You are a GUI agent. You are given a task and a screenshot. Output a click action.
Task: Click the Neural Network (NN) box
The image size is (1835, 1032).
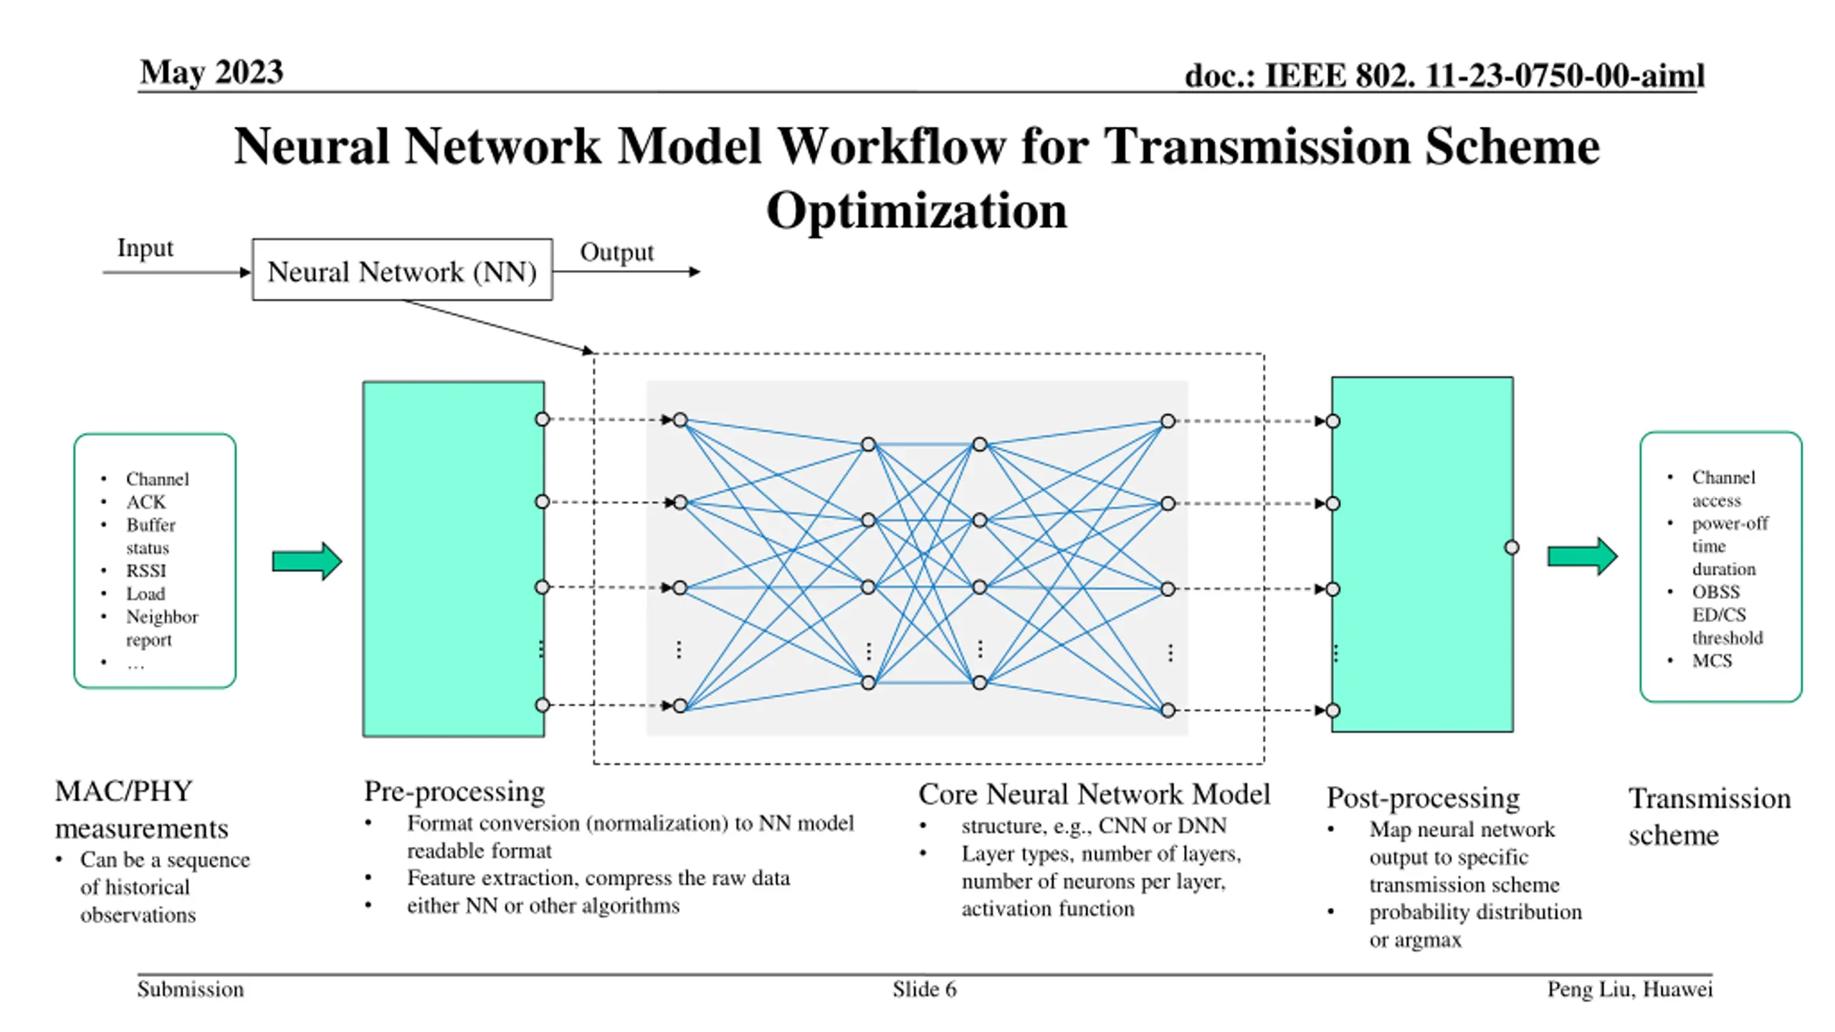click(402, 269)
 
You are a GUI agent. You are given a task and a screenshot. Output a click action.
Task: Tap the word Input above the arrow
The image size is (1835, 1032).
click(146, 248)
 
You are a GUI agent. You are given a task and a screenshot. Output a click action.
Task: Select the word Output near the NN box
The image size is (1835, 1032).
click(617, 252)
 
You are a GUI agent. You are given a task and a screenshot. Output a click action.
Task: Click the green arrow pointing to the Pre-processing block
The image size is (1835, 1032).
click(307, 560)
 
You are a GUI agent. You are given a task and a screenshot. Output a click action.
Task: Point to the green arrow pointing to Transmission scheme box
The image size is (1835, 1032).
click(1583, 556)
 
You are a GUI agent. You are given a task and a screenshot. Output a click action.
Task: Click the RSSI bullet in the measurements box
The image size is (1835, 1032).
click(146, 570)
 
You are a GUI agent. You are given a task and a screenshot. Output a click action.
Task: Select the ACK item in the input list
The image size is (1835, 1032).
click(146, 502)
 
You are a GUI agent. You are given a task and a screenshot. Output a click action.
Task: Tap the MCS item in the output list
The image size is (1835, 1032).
click(1712, 661)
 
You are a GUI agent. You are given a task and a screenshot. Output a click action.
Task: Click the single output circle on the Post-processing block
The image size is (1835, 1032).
click(1512, 548)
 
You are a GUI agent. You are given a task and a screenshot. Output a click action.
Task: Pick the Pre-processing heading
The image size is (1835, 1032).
click(454, 791)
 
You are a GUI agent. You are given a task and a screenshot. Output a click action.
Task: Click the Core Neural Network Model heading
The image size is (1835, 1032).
click(1095, 794)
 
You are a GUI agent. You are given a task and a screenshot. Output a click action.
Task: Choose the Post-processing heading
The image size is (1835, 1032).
click(1423, 798)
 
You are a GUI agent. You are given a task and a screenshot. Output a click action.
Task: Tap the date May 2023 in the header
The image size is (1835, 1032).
click(211, 72)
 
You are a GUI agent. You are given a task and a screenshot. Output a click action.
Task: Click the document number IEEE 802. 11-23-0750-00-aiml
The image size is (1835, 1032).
click(1484, 76)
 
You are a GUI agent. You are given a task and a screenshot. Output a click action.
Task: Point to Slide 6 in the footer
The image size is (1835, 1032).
click(924, 990)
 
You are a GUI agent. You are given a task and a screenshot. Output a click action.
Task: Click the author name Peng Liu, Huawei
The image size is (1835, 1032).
click(1630, 990)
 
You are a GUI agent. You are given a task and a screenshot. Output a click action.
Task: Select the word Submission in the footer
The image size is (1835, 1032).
click(191, 990)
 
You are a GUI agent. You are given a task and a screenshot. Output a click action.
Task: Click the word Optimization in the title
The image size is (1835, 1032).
click(917, 211)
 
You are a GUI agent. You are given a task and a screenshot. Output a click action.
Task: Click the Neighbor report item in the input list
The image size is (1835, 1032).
click(162, 628)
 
